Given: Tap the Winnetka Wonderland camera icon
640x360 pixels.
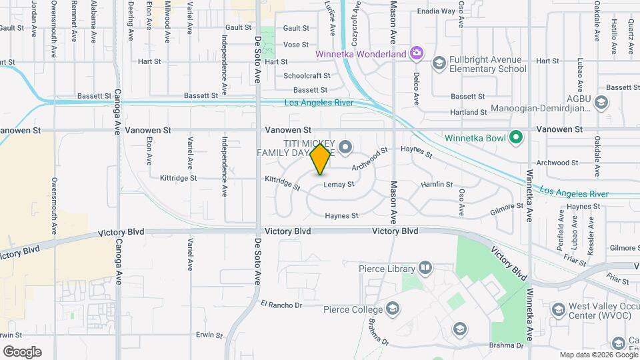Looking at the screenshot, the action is coord(417,52).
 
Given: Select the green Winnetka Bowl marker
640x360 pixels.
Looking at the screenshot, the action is coord(515,138).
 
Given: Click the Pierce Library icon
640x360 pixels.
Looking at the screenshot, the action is coord(425,268).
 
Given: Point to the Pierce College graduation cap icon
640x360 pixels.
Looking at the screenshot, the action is coord(393,309).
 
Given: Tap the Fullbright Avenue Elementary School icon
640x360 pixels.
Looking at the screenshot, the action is coord(439,63).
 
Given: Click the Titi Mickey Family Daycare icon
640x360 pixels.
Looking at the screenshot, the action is coord(345,146).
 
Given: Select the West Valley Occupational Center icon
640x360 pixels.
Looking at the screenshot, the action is coord(559,309).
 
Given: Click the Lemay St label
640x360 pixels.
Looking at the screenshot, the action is coord(339,185).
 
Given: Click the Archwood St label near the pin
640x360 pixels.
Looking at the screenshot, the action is coord(370,159).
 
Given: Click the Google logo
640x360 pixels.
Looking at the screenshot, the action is coord(22,352).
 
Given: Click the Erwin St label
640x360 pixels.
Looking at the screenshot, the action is coord(208,334).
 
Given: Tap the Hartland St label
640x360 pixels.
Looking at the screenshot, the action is coord(469,113).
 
